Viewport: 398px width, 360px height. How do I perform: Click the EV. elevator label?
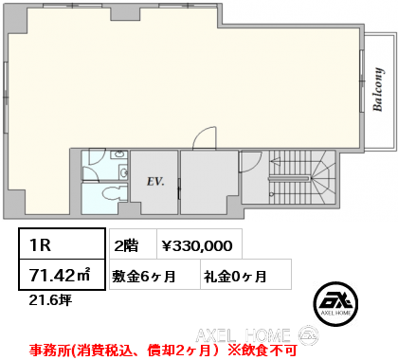click(x=155, y=182)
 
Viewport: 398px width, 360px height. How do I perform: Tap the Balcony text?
click(x=378, y=89)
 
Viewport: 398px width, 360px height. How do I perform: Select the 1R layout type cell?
click(x=62, y=243)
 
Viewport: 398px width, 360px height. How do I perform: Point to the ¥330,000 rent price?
click(x=197, y=245)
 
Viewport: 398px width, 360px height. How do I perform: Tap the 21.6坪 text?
click(x=50, y=300)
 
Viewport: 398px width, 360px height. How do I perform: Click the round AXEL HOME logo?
click(x=335, y=304)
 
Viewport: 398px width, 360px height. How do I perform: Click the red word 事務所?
click(x=50, y=351)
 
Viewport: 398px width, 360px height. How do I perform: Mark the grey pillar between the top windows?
click(x=125, y=13)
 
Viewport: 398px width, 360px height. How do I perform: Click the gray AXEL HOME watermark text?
click(x=243, y=335)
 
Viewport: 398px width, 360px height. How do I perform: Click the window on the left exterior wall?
click(x=6, y=98)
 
